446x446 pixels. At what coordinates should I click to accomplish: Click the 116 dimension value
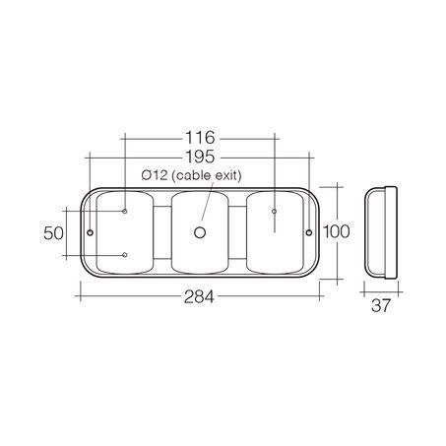[201, 138]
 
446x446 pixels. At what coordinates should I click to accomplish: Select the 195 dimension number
[201, 156]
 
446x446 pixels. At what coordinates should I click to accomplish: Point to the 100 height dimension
[336, 232]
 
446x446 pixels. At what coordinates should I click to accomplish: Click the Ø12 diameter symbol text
[154, 174]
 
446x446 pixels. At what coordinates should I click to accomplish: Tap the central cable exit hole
[200, 233]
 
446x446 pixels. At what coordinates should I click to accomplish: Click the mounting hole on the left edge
[91, 233]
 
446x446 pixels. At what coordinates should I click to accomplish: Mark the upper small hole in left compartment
[126, 210]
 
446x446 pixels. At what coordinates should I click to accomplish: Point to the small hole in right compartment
[273, 210]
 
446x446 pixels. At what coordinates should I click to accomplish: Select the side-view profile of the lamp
[380, 232]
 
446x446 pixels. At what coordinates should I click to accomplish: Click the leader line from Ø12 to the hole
[205, 205]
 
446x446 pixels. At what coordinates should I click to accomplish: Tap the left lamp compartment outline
[125, 233]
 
